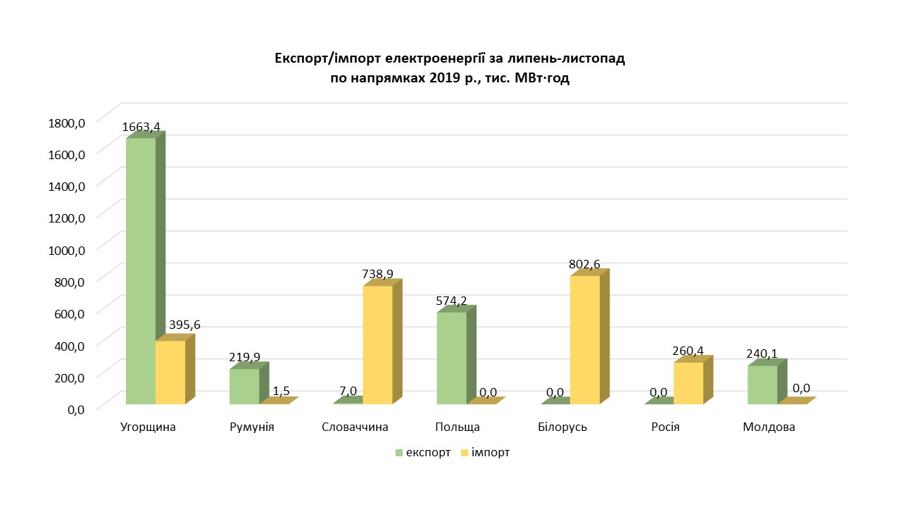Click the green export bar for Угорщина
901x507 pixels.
pyautogui.click(x=141, y=271)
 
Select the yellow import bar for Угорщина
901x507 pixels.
pyautogui.click(x=170, y=373)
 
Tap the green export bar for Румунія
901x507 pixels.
pyautogui.click(x=244, y=387)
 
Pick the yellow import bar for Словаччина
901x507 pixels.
pyautogui.click(x=377, y=345)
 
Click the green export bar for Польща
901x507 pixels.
pyautogui.click(x=452, y=358)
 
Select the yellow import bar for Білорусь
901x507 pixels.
pyautogui.click(x=585, y=340)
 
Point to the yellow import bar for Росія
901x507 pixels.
pyautogui.click(x=688, y=383)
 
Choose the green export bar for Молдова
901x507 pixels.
pyautogui.click(x=762, y=384)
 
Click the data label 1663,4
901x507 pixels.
pyautogui.click(x=141, y=127)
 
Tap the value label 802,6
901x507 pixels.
pyautogui.click(x=585, y=265)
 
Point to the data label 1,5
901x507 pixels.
pyautogui.click(x=281, y=390)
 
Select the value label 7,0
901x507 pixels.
pyautogui.click(x=348, y=391)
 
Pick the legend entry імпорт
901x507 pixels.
pyautogui.click(x=490, y=453)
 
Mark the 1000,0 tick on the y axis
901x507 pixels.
pyautogui.click(x=67, y=249)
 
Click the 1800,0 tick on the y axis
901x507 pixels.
pyautogui.click(x=67, y=123)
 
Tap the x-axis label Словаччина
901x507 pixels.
pyautogui.click(x=355, y=427)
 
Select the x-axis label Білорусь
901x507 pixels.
pyautogui.click(x=562, y=427)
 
